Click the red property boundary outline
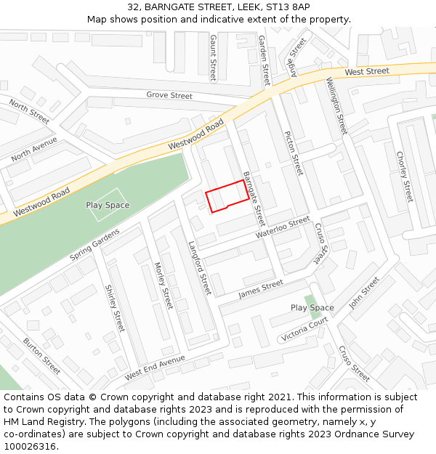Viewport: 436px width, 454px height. pyautogui.click(x=226, y=196)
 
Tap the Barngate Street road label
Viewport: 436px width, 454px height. pyautogui.click(x=254, y=198)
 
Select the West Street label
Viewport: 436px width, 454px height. pyautogui.click(x=367, y=71)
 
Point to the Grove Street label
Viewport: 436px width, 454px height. pyautogui.click(x=169, y=95)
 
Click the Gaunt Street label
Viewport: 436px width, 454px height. pyautogui.click(x=213, y=57)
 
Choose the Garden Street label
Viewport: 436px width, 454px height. pyautogui.click(x=264, y=61)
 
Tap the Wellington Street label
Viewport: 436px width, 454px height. pyautogui.click(x=336, y=105)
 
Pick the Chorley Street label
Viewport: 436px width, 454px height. pyautogui.click(x=405, y=177)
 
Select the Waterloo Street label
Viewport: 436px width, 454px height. pyautogui.click(x=283, y=229)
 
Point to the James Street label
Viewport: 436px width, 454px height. pyautogui.click(x=261, y=289)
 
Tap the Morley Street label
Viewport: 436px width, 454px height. pyautogui.click(x=164, y=285)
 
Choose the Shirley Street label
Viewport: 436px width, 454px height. pyautogui.click(x=116, y=307)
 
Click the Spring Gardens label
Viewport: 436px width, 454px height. pyautogui.click(x=94, y=246)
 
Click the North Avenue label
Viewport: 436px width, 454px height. pyautogui.click(x=33, y=149)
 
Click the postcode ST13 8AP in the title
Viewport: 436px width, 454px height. pyautogui.click(x=286, y=7)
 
